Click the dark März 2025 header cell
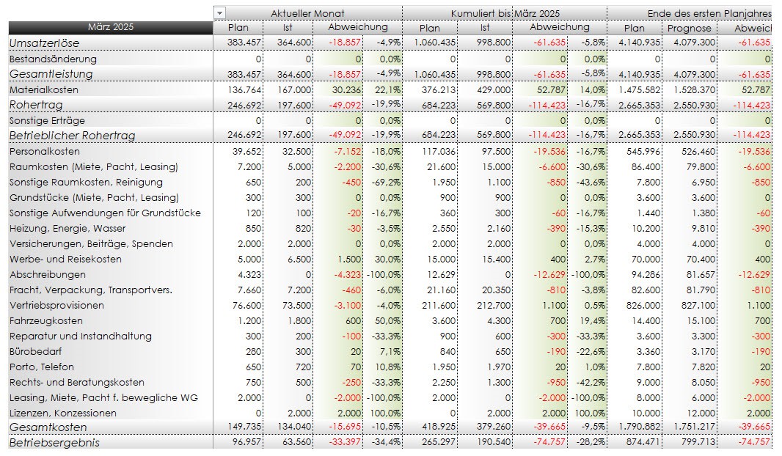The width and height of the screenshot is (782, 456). [110, 28]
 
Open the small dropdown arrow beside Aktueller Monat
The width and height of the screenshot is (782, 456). [220, 13]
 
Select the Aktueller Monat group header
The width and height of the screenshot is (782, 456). [307, 13]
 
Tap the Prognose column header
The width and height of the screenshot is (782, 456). [689, 28]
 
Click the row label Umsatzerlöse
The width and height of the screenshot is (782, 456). [44, 43]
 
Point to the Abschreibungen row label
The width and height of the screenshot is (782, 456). [42, 274]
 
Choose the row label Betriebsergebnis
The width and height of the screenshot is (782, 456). [54, 442]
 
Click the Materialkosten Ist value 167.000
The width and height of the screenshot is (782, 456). [296, 89]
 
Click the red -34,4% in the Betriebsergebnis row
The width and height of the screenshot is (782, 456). [386, 442]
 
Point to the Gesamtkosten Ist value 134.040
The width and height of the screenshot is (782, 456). [294, 427]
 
